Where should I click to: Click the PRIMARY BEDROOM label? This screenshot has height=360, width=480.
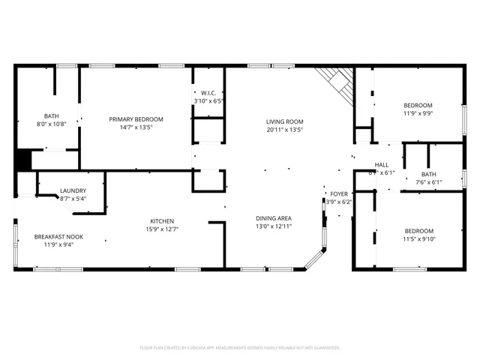136,119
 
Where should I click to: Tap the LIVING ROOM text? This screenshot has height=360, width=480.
284,121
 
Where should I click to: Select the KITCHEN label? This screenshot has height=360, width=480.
162,221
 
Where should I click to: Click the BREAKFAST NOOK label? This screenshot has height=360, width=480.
58,237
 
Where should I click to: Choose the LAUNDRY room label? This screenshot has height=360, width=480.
73,190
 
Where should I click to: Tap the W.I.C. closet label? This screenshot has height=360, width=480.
208,93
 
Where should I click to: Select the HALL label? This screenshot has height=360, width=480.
381,165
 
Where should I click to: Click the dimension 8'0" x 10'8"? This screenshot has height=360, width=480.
51,124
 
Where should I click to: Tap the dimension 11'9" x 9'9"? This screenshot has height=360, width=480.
418,113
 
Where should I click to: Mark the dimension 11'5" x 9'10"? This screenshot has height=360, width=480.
418,239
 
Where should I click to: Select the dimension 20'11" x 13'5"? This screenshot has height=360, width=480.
284,129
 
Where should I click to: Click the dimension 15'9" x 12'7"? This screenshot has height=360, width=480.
162,229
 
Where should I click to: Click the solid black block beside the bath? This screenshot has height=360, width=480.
22,160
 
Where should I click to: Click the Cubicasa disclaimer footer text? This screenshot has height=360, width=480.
240,348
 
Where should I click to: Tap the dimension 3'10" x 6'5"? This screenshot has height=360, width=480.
208,100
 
